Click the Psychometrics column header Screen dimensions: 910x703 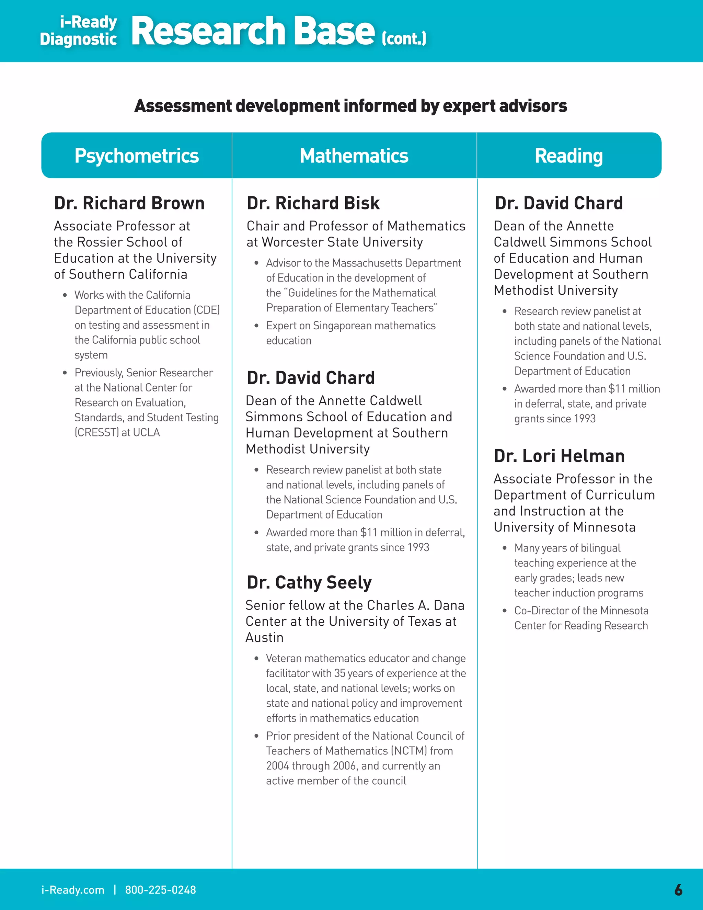click(137, 156)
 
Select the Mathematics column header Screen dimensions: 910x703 click(354, 156)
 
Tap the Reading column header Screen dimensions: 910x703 click(568, 156)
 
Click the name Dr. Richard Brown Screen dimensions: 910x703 click(129, 203)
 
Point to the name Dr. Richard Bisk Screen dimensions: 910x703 click(313, 203)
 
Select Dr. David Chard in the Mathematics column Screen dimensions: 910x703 click(311, 378)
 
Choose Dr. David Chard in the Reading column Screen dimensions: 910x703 click(558, 203)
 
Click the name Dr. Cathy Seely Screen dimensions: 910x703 click(309, 582)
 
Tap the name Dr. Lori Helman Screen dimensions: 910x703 click(559, 456)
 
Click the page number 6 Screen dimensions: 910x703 click(678, 890)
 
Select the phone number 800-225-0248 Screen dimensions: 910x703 click(160, 890)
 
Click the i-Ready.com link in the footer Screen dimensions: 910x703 click(73, 890)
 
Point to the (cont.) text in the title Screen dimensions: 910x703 click(404, 39)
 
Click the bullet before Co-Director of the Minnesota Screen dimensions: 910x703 click(504, 611)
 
